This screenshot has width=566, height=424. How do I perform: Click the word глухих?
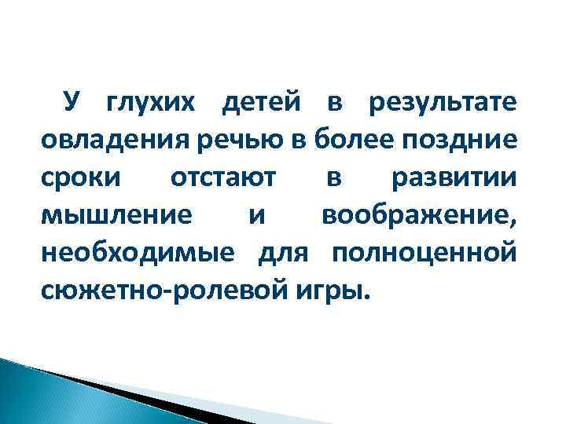point(153,104)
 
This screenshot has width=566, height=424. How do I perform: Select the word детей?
point(261,104)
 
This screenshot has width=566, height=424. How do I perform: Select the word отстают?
point(223,179)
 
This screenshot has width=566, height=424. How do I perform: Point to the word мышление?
point(116,217)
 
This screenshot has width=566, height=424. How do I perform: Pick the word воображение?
point(420,217)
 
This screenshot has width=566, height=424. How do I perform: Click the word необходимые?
point(138,254)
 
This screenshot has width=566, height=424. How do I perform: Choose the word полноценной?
point(424,254)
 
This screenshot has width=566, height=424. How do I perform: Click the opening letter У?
point(72,104)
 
